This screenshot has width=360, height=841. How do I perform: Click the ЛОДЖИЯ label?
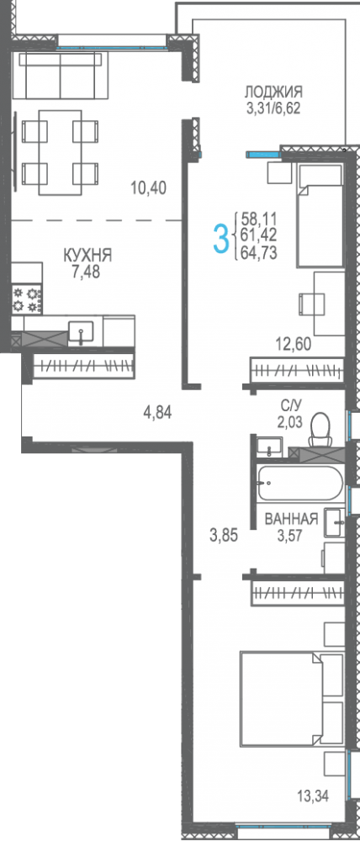tap(273, 92)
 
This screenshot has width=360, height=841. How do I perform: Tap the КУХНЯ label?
tap(88, 255)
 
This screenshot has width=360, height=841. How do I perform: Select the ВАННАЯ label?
tap(291, 519)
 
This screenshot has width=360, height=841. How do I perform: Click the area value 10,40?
tap(148, 188)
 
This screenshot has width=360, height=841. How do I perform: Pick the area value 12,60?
tap(293, 342)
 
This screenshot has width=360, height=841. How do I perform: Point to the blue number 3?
tap(221, 237)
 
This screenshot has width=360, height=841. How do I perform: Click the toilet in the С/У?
tap(320, 431)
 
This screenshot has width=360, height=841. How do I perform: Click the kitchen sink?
tap(80, 332)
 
